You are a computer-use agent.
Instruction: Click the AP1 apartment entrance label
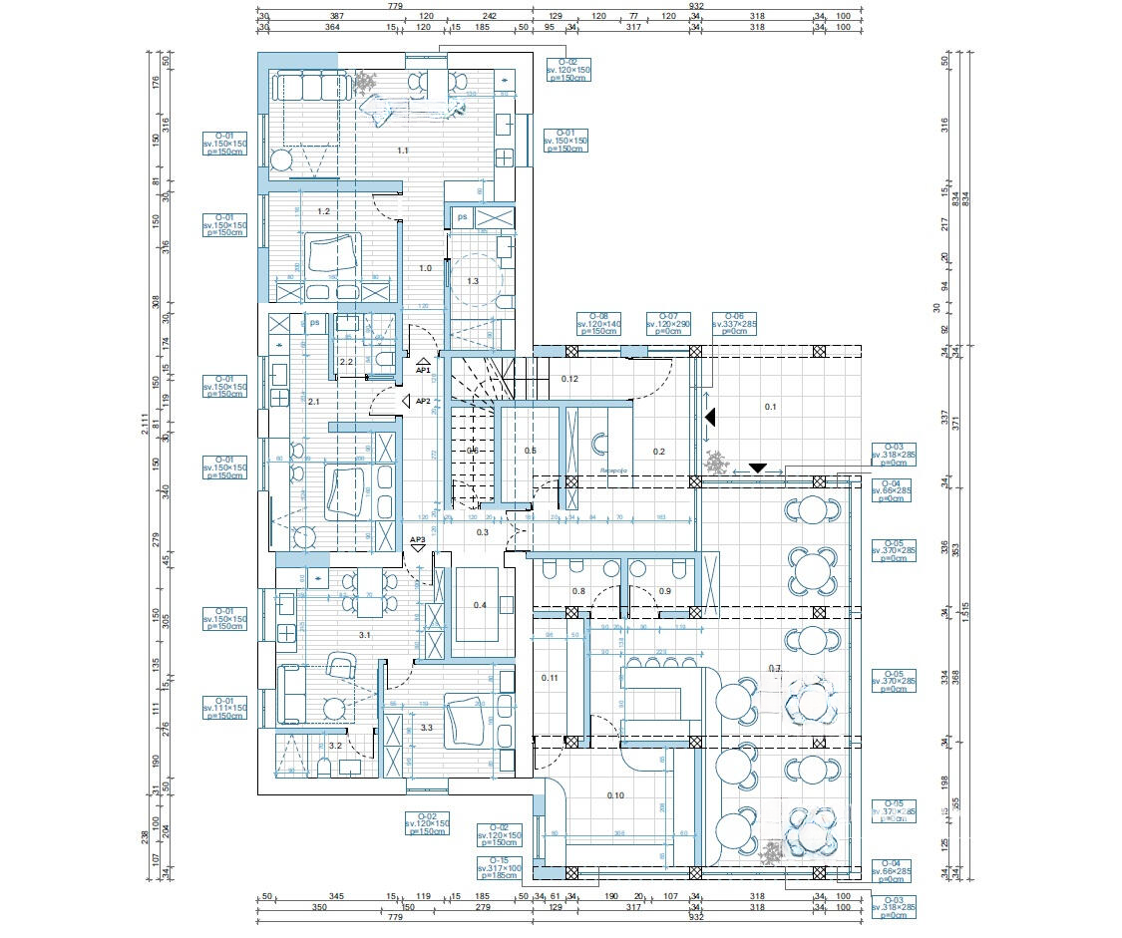coord(422,370)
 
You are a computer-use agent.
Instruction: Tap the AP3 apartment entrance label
coord(418,539)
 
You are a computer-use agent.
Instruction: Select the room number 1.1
coord(403,151)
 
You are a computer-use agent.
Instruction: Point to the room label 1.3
coord(473,281)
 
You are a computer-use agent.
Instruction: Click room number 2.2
coord(346,362)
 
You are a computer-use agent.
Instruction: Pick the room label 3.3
coord(427,728)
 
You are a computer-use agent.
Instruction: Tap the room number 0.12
coord(570,379)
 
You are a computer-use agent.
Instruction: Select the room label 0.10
coord(615,794)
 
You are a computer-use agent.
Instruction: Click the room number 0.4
coord(480,605)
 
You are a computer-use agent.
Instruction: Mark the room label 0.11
coord(551,678)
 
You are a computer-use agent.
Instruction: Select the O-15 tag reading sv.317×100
coord(500,868)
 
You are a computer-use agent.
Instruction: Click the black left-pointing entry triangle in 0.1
coord(709,420)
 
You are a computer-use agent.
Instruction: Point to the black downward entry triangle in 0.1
coord(757,468)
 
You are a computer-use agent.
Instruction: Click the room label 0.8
coord(578,591)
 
